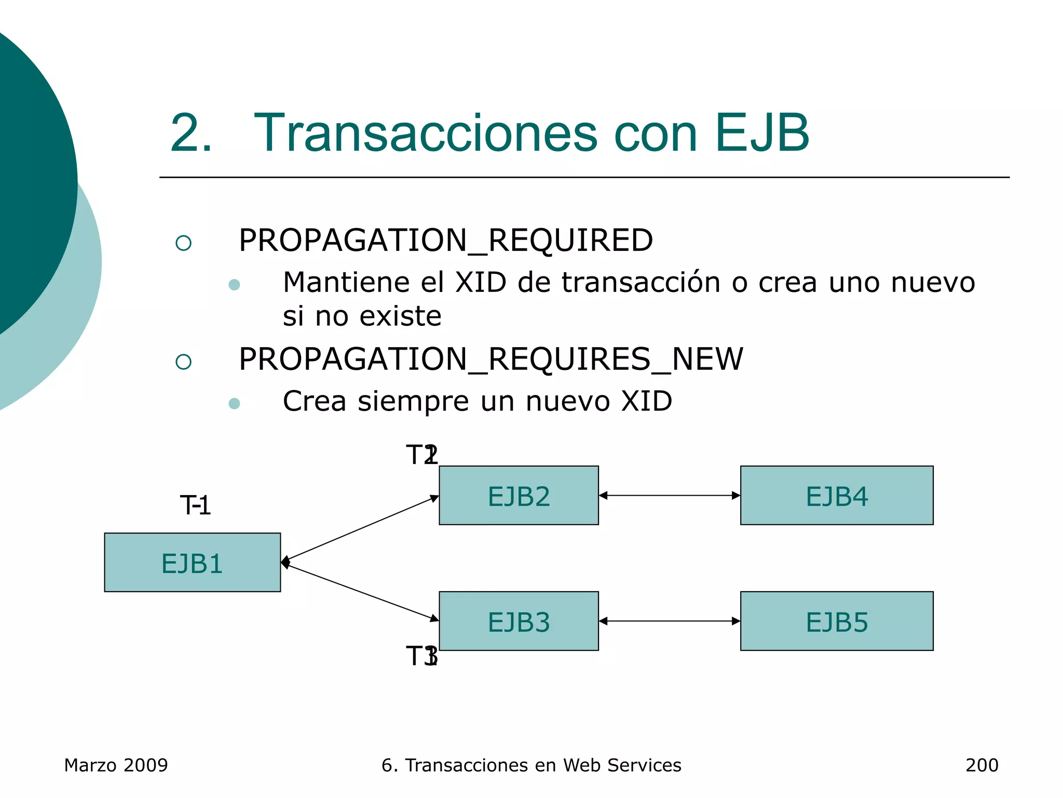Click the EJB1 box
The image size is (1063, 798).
tap(192, 562)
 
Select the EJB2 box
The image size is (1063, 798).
tap(519, 495)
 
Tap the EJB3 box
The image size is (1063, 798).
tap(519, 621)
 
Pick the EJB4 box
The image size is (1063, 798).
tap(836, 495)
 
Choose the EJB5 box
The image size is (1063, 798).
tap(836, 621)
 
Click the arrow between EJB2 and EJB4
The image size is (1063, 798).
tap(669, 496)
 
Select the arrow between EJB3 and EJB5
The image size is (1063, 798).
tap(669, 621)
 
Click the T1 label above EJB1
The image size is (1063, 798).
tap(195, 506)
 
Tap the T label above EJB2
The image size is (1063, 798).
tap(421, 455)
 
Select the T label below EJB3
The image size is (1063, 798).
tap(421, 656)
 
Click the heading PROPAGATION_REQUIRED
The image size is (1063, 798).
tap(445, 241)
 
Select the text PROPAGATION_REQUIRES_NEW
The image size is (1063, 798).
tap(490, 359)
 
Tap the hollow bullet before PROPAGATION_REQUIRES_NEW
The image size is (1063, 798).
tap(183, 362)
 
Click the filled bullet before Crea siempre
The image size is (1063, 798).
tap(234, 404)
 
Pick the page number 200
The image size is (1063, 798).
tap(982, 765)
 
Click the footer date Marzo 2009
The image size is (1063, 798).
tap(116, 765)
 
